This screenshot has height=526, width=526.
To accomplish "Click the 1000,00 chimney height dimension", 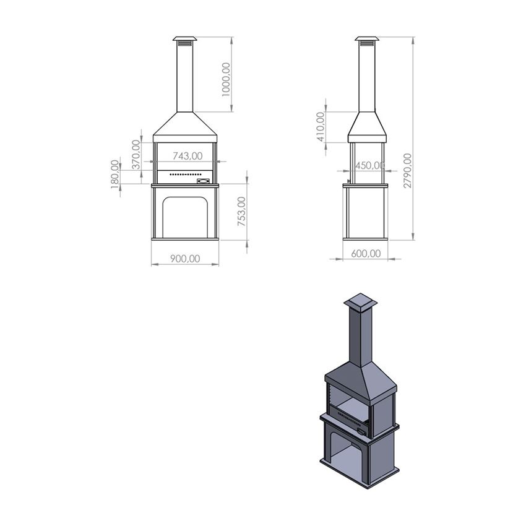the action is [226, 79].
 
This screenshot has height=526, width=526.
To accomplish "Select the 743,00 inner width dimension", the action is [188, 156].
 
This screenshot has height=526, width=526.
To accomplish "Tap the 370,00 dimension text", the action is [136, 154].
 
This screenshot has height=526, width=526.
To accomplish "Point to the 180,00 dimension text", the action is [115, 174].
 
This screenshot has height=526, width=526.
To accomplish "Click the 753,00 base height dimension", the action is [242, 212].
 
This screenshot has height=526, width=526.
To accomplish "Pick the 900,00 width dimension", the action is [185, 259].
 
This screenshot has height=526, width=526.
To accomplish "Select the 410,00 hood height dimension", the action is [321, 127].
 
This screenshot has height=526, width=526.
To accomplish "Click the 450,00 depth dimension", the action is [369, 165].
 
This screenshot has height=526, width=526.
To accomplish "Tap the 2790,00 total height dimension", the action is [408, 170].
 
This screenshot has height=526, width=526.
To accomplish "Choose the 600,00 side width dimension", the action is [366, 254].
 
